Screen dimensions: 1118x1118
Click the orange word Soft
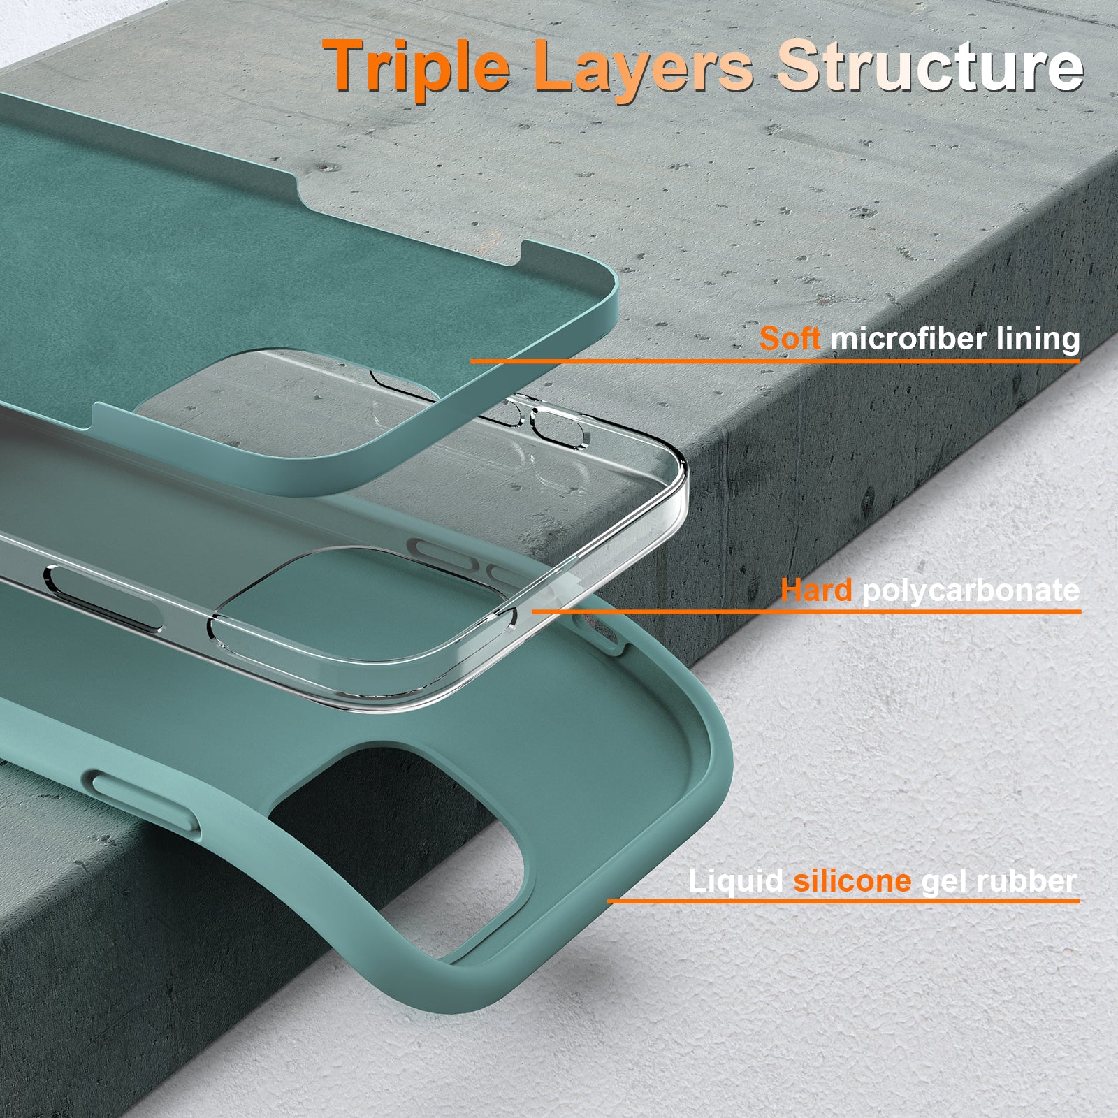coord(790,338)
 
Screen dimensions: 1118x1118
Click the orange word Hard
coord(816,590)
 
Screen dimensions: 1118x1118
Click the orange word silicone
coord(852,880)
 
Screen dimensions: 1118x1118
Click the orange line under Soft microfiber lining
coord(775,361)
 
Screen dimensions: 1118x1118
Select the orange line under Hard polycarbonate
coord(806,611)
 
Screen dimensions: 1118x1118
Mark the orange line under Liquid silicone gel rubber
coord(843,901)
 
